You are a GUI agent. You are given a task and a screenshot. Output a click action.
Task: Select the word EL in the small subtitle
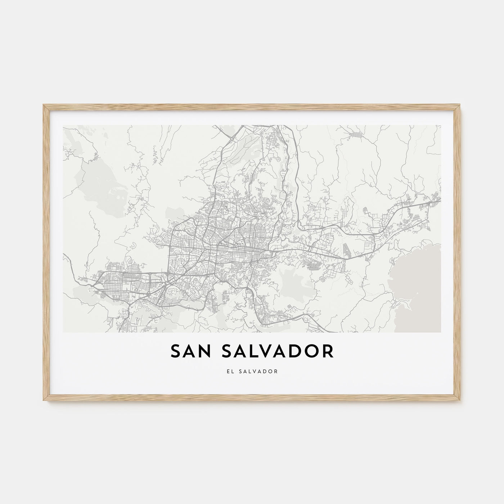(229, 371)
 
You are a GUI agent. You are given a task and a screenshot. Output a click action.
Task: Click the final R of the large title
(328, 352)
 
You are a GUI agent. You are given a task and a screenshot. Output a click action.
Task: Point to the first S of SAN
(175, 352)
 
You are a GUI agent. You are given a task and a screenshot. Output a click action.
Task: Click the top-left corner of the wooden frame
(44, 105)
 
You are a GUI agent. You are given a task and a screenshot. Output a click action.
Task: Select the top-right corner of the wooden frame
(460, 105)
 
